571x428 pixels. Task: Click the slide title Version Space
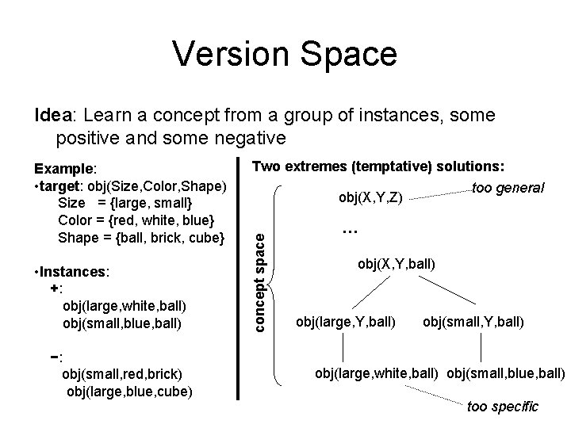pyautogui.click(x=285, y=53)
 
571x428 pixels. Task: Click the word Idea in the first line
pyautogui.click(x=52, y=116)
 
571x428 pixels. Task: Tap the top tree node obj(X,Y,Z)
pyautogui.click(x=369, y=196)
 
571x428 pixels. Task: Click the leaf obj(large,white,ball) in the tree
pyautogui.click(x=379, y=373)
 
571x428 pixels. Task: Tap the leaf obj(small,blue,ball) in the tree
pyautogui.click(x=505, y=373)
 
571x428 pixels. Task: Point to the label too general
pyautogui.click(x=508, y=188)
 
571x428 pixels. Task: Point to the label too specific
pyautogui.click(x=503, y=407)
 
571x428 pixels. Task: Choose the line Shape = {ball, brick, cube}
pyautogui.click(x=142, y=237)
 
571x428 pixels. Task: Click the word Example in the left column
pyautogui.click(x=63, y=169)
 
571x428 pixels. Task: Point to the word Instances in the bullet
pyautogui.click(x=81, y=272)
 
